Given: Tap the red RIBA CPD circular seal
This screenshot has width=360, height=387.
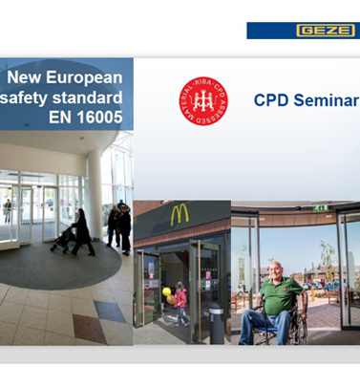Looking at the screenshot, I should (x=201, y=100).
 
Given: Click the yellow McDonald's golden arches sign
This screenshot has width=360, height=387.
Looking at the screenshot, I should (x=180, y=215).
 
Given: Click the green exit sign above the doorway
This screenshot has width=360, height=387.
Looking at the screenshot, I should (x=321, y=207).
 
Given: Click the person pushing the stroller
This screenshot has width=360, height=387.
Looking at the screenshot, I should (x=81, y=230).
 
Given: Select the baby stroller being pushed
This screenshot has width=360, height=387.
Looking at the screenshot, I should (x=64, y=239).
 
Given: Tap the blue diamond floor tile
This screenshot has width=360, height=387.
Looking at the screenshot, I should (x=109, y=311).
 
